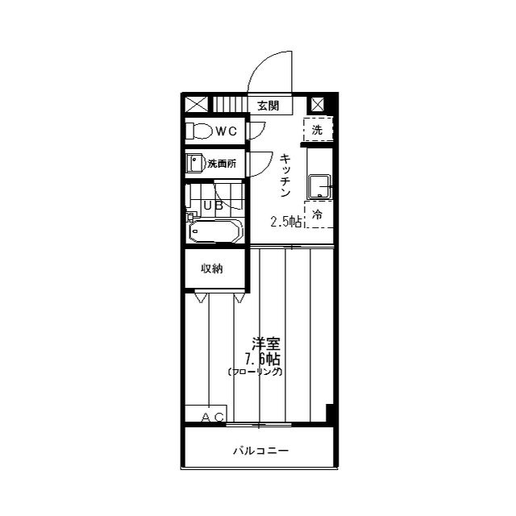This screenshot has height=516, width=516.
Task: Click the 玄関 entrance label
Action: click(268, 106)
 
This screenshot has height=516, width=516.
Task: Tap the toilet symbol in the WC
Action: click(199, 131)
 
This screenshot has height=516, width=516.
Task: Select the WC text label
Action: click(226, 131)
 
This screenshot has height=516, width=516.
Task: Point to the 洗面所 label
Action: click(222, 164)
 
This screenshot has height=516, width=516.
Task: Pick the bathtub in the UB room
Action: click(216, 231)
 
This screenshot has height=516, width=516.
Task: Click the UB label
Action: click(213, 206)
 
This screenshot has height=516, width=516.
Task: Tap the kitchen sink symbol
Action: click(318, 187)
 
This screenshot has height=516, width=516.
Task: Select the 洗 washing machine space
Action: click(318, 130)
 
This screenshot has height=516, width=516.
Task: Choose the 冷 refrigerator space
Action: click(318, 215)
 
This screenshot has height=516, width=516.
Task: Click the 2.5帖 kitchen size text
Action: click(285, 222)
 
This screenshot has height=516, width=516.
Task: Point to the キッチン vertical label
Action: click(285, 176)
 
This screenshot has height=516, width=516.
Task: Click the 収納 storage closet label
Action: click(212, 268)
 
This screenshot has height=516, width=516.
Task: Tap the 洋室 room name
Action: click(266, 344)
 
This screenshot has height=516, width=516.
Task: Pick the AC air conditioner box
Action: click(206, 414)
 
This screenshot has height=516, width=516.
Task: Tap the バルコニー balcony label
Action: click(261, 450)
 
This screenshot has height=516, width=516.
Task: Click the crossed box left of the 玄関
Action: click(196, 103)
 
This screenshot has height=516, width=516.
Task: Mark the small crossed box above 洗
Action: click(318, 105)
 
